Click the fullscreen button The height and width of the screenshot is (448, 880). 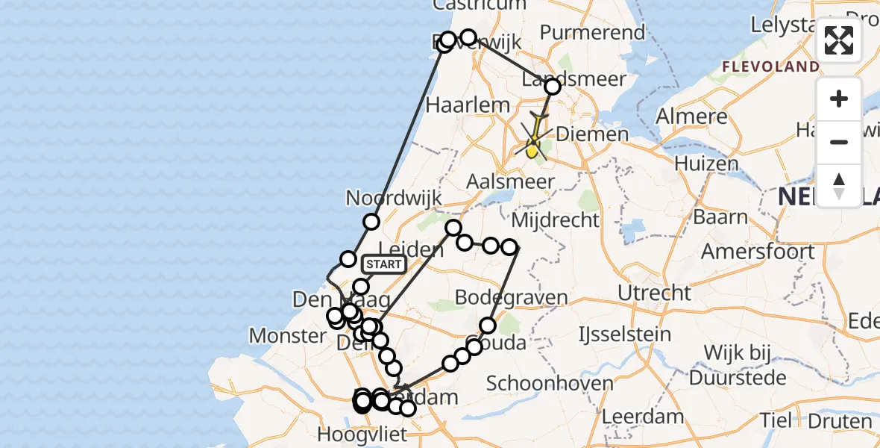click(x=839, y=40)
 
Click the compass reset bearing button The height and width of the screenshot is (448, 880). click(x=839, y=186)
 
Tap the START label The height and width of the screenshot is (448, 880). click(x=384, y=264)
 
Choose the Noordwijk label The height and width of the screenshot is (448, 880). click(x=394, y=199)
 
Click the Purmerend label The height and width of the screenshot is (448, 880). click(x=592, y=32)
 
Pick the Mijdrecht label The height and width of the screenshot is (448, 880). click(x=556, y=220)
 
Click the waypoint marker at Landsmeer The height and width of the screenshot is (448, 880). click(x=553, y=87)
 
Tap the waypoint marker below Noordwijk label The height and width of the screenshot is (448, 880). click(x=371, y=222)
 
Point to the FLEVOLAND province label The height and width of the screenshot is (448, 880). click(x=770, y=66)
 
